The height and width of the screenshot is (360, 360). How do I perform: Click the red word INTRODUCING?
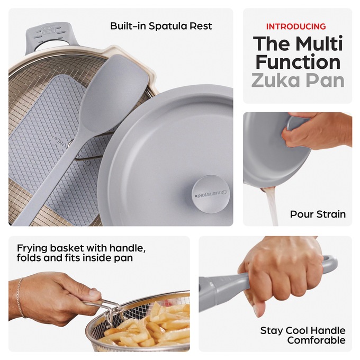296,26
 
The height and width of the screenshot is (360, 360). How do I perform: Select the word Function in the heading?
298,62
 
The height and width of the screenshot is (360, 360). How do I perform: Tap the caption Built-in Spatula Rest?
161,26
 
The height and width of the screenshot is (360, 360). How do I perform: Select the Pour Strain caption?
318,214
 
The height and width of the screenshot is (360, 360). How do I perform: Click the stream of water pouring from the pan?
272,206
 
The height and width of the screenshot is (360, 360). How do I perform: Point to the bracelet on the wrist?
20,298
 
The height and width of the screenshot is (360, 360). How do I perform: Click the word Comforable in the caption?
316,340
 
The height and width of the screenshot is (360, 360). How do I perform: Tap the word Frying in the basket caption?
32,248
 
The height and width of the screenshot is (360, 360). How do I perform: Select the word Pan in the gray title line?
324,80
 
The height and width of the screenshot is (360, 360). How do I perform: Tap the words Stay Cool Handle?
303,330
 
